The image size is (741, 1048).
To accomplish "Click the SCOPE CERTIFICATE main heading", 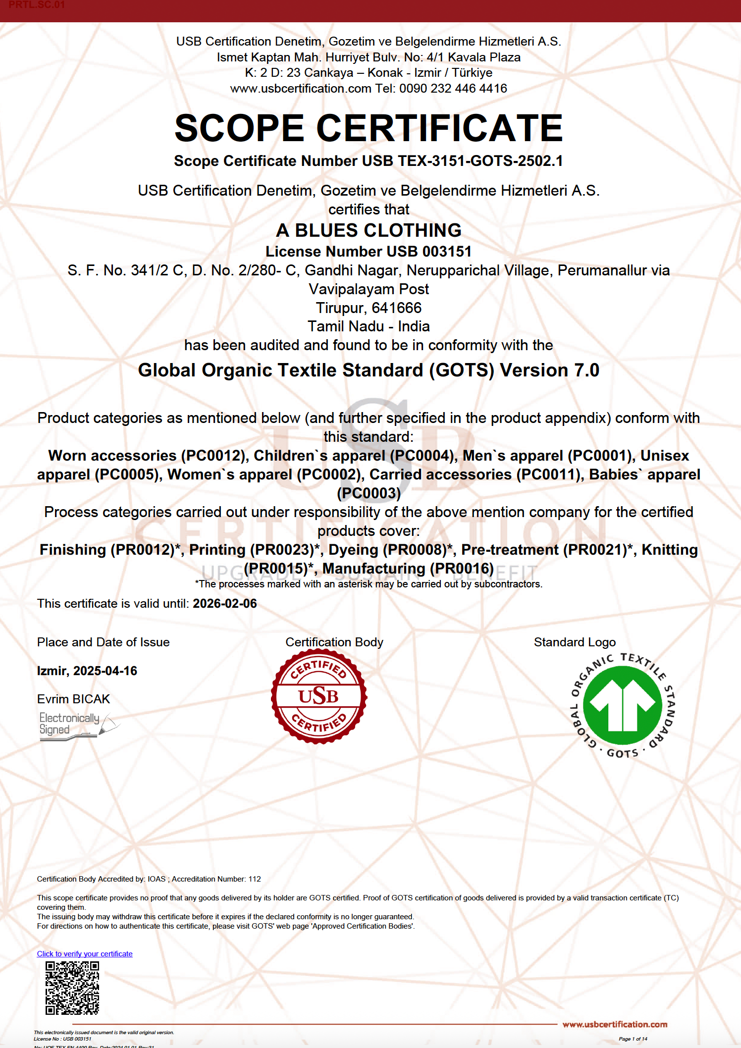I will [369, 128].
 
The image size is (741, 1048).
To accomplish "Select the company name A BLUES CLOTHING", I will [369, 230].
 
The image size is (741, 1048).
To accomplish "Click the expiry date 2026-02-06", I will [225, 604].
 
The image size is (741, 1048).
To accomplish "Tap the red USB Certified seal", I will [319, 696].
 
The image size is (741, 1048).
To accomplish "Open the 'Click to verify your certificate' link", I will [85, 954].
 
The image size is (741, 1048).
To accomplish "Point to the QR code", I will [72, 988].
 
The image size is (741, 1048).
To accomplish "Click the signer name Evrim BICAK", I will [73, 699].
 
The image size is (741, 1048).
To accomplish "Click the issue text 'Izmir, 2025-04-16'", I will [87, 671].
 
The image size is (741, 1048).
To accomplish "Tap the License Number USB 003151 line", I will [369, 252].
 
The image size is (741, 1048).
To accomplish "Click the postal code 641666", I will [396, 308].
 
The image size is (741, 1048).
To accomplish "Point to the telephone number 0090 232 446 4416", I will [453, 89].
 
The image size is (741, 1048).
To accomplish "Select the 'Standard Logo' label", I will [575, 642].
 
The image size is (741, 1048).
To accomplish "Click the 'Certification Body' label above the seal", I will [334, 642].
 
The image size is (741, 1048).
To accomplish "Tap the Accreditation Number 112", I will [255, 879].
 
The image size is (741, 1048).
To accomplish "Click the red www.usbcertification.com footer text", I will [615, 1024].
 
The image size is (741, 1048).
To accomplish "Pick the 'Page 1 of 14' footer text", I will [633, 1039].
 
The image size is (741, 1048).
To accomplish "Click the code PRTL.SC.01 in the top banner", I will [37, 5].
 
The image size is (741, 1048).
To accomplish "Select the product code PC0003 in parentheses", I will [369, 493].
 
